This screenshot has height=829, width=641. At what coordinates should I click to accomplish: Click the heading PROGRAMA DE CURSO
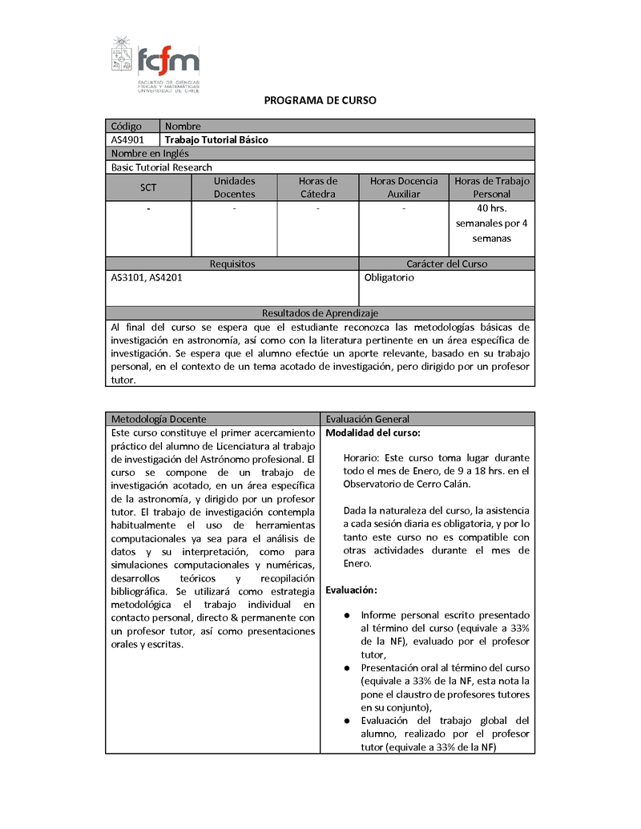(x=320, y=101)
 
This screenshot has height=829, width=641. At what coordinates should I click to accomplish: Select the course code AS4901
(x=127, y=140)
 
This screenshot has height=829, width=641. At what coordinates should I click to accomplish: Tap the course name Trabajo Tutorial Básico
(x=216, y=140)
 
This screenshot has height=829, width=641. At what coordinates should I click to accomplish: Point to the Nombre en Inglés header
(x=150, y=154)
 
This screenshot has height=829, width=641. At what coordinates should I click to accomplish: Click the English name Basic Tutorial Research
(x=162, y=167)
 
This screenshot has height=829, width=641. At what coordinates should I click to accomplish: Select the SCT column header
(x=148, y=187)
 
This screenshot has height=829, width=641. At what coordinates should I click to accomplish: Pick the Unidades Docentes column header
(x=235, y=187)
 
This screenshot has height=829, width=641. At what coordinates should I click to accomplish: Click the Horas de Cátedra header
(x=318, y=187)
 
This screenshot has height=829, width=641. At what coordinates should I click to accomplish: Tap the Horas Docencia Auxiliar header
(x=404, y=187)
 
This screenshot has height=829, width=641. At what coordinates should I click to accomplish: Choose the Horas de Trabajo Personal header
(x=491, y=187)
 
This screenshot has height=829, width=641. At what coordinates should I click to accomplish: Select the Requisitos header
(x=232, y=264)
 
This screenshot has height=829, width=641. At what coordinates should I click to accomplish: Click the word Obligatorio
(x=389, y=277)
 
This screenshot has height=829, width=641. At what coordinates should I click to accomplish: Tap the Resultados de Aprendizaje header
(x=320, y=313)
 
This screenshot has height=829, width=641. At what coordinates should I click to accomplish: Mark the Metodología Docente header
(x=159, y=419)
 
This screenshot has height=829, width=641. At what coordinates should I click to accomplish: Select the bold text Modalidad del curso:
(x=373, y=433)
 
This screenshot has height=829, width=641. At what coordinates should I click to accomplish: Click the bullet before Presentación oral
(x=347, y=667)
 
